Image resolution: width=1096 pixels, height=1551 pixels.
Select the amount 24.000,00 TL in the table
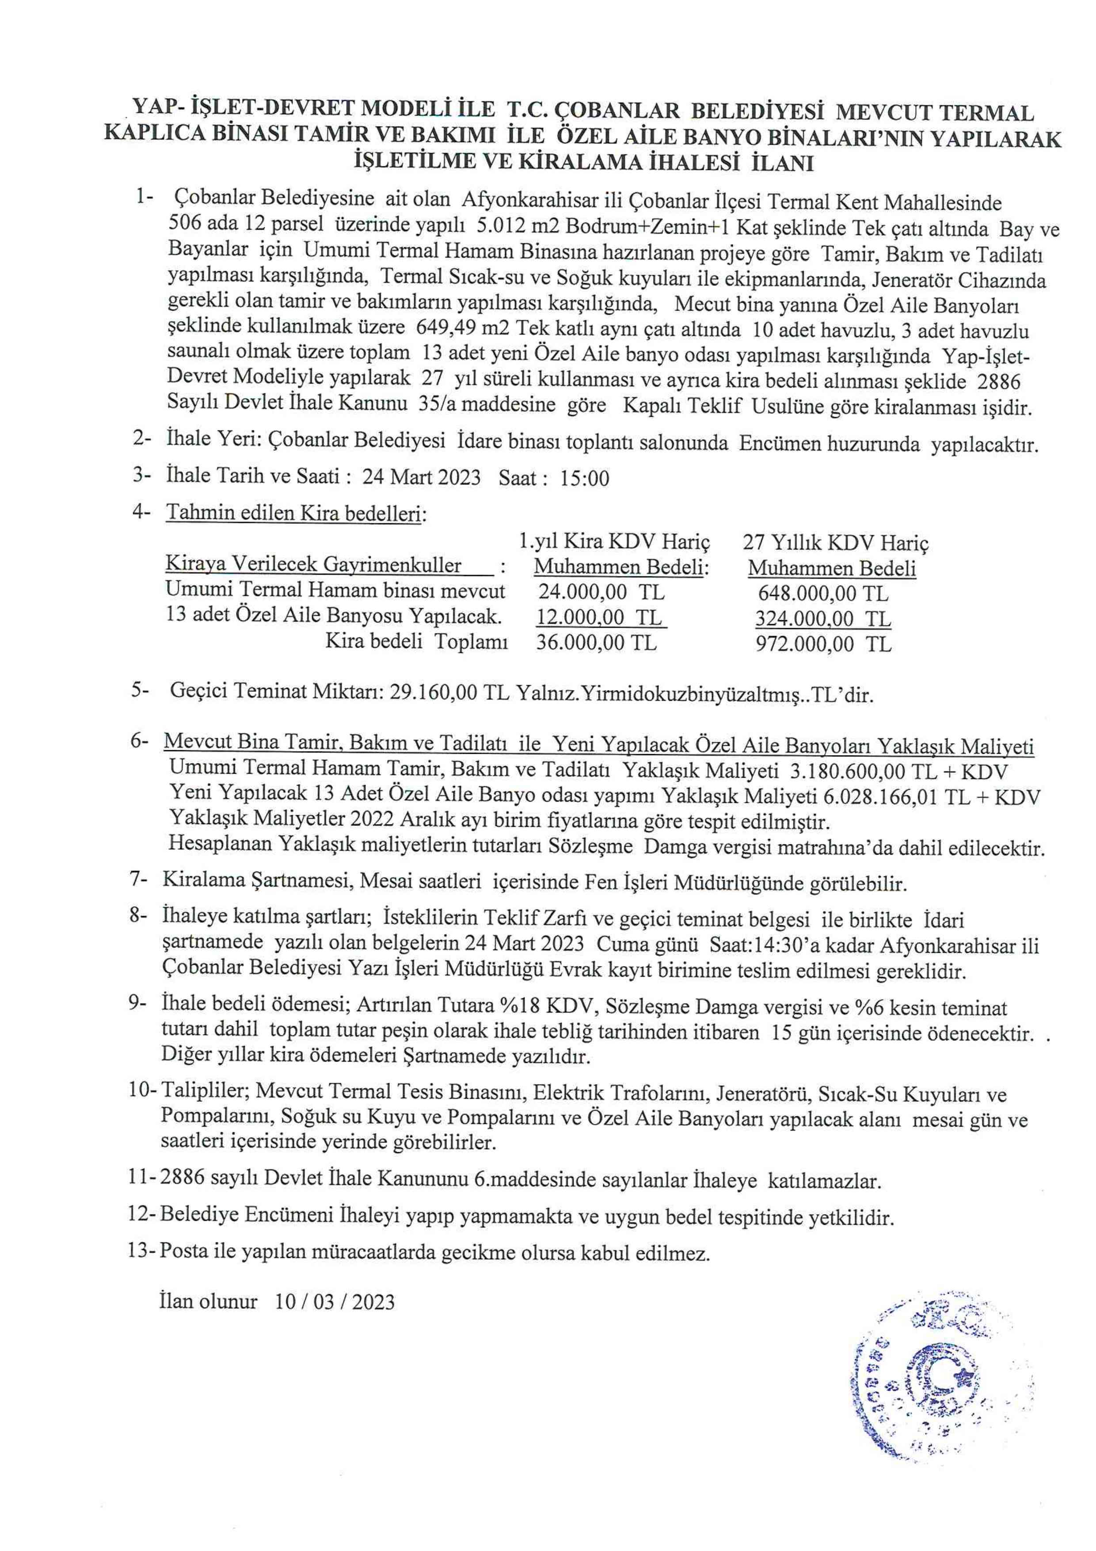601,592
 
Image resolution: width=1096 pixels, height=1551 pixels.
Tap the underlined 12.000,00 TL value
599,618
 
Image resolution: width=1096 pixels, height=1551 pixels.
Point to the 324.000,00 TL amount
823,619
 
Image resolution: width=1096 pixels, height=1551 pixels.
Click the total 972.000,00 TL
823,644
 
